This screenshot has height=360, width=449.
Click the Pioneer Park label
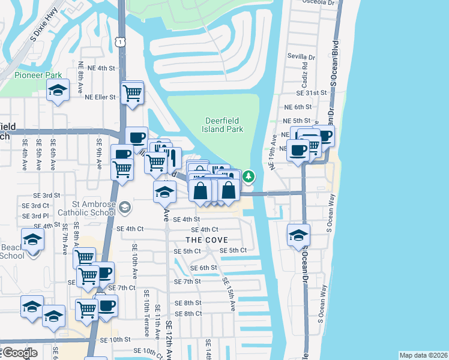click(38, 76)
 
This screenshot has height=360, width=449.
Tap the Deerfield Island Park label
click(223, 125)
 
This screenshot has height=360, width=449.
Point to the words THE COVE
click(206, 240)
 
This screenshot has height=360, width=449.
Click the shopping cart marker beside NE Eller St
click(132, 93)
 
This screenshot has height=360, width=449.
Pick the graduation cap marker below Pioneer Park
click(58, 91)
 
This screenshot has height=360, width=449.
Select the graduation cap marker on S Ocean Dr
click(298, 236)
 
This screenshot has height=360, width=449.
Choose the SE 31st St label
click(311, 93)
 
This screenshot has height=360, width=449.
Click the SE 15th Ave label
click(229, 295)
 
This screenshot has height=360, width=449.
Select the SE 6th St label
click(203, 268)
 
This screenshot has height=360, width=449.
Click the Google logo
click(20, 353)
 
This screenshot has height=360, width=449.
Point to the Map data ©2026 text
click(423, 355)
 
